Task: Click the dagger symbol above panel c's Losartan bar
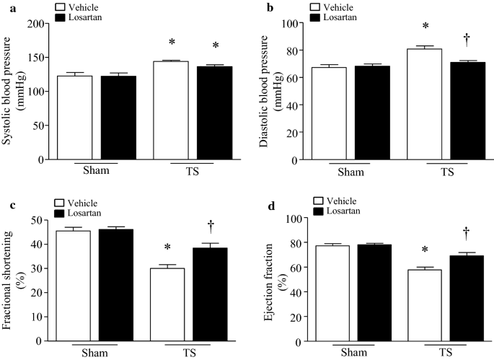click(211, 225)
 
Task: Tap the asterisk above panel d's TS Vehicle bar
click(425, 251)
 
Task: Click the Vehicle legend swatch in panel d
click(320, 200)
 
